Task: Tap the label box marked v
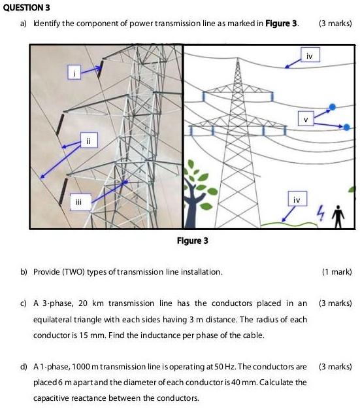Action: coord(305,119)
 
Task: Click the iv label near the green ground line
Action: coord(297,199)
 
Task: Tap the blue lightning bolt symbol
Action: coord(320,213)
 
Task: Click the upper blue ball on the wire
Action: coord(333,107)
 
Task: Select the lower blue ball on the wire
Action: coord(346,126)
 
